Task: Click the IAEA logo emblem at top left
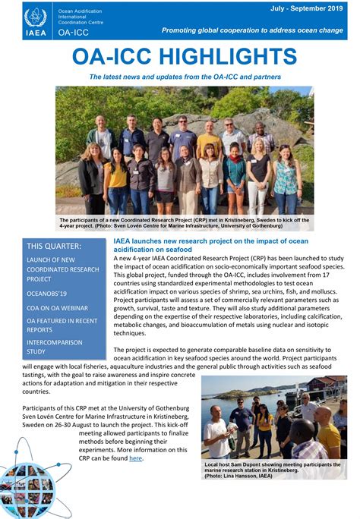(x=35, y=19)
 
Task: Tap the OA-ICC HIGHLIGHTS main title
(x=185, y=57)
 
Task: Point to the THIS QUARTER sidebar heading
(x=54, y=246)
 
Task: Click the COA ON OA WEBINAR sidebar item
(x=57, y=308)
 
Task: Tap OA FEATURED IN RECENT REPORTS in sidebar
(x=62, y=326)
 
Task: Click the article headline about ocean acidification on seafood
(x=211, y=245)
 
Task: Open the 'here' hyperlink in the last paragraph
(x=135, y=458)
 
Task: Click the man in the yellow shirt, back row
(x=210, y=141)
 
